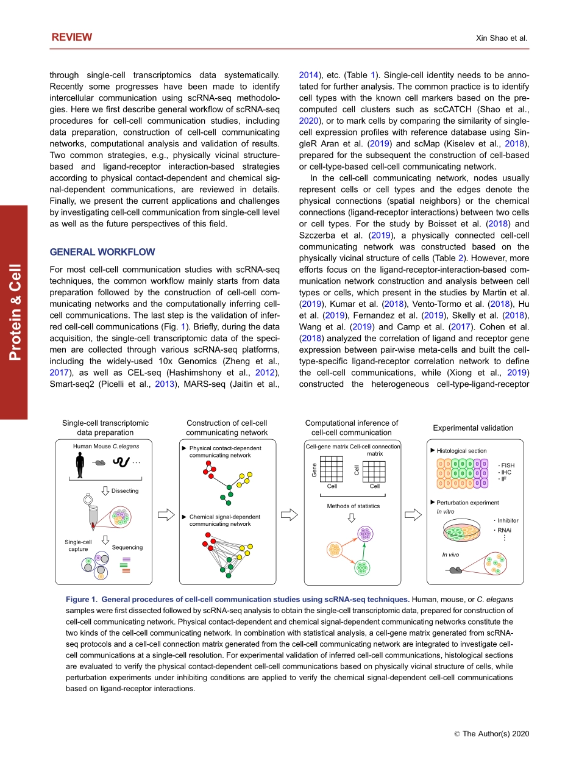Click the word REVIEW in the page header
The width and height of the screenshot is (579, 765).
click(x=72, y=37)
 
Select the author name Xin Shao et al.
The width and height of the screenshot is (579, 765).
click(x=501, y=38)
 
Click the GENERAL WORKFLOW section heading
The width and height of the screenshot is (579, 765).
click(x=102, y=252)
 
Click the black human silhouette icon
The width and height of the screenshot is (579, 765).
click(x=79, y=466)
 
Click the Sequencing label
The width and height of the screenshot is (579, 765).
click(x=127, y=547)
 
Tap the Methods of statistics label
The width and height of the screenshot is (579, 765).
click(x=353, y=506)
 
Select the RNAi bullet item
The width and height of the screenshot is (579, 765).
click(x=503, y=530)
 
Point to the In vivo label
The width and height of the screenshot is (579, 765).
click(x=450, y=555)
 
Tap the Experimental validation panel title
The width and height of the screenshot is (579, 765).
click(x=473, y=428)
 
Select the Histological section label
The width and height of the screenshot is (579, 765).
click(x=461, y=451)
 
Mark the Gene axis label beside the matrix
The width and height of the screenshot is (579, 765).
click(x=314, y=470)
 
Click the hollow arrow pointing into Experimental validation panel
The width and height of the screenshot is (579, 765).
click(x=413, y=515)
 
